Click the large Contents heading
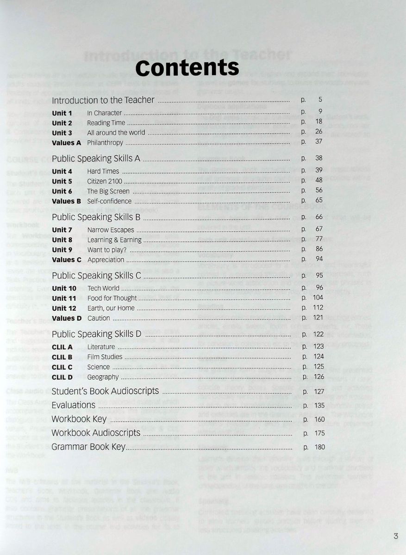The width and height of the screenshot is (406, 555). pyautogui.click(x=187, y=68)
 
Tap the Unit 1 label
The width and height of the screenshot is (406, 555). pyautogui.click(x=62, y=113)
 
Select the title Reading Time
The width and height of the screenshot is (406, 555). pyautogui.click(x=106, y=123)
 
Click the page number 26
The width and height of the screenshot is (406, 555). pyautogui.click(x=319, y=132)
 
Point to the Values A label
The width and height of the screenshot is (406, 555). pyautogui.click(x=66, y=143)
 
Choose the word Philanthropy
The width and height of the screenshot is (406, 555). pyautogui.click(x=105, y=143)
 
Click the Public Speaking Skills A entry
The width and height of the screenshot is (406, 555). pyautogui.click(x=96, y=159)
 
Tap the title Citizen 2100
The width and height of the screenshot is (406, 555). pyautogui.click(x=105, y=181)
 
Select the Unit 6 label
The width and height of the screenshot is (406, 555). pyautogui.click(x=62, y=191)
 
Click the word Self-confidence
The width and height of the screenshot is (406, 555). pyautogui.click(x=109, y=201)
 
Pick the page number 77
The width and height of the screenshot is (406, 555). pyautogui.click(x=319, y=239)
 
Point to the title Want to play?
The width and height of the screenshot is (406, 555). pyautogui.click(x=107, y=250)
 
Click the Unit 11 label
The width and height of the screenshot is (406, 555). pyautogui.click(x=64, y=298)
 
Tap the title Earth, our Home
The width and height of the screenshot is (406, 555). pyautogui.click(x=111, y=308)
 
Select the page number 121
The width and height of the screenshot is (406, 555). pyautogui.click(x=318, y=318)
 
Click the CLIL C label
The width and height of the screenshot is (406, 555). pyautogui.click(x=62, y=367)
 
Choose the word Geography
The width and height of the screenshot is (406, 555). pyautogui.click(x=103, y=377)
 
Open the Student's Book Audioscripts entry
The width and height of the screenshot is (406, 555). pyautogui.click(x=105, y=391)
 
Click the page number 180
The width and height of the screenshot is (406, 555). pyautogui.click(x=319, y=447)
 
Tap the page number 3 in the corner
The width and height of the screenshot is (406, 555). pyautogui.click(x=395, y=536)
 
